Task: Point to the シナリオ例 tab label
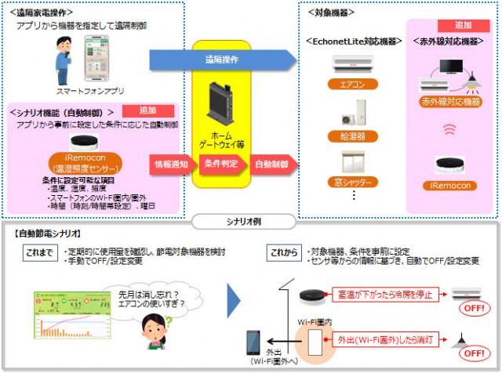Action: (x=252, y=221)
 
